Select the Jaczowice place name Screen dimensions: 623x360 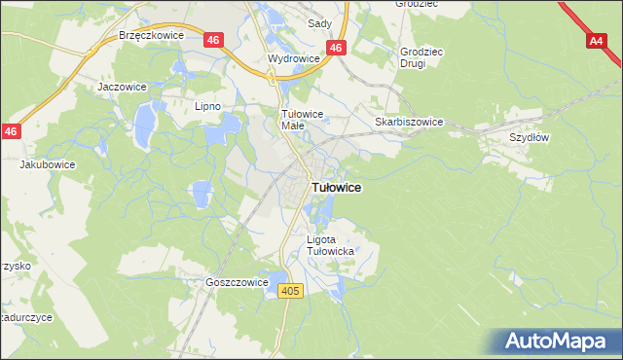click(x=122, y=86)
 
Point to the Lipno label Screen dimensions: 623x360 click(x=208, y=106)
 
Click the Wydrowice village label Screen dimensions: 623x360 click(x=294, y=58)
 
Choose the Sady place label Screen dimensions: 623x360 click(x=319, y=22)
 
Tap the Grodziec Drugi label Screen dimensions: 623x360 click(x=421, y=57)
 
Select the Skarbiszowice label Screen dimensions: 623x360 click(x=409, y=122)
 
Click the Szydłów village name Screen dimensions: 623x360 click(x=531, y=137)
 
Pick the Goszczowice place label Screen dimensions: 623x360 click(x=237, y=282)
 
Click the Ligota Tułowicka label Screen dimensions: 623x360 click(x=330, y=245)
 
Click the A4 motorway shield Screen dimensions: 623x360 click(x=598, y=42)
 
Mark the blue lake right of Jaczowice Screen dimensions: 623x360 click(x=144, y=122)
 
